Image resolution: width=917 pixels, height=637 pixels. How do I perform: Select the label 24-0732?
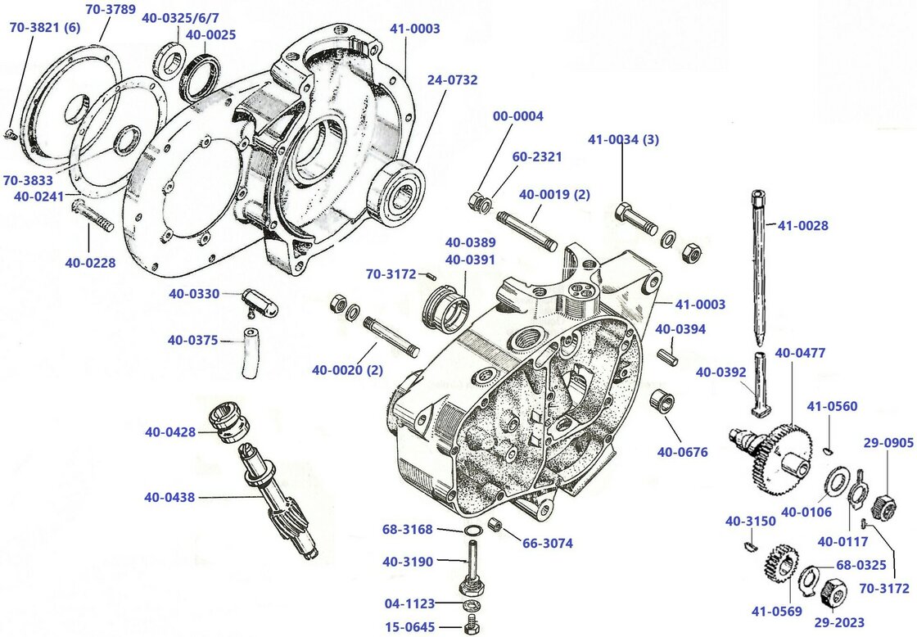pos(451,80)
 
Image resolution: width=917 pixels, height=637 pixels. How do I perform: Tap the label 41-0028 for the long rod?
pos(802,225)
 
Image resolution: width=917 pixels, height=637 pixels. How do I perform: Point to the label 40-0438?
pos(170,497)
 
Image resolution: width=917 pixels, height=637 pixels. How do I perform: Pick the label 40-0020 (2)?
pos(348,370)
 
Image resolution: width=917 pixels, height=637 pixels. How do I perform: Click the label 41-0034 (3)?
pos(623,139)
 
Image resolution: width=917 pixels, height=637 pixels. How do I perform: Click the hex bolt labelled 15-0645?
pos(471,628)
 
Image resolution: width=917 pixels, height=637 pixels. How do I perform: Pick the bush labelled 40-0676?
pos(662,402)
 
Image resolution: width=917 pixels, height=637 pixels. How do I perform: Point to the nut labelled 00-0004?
pos(475,199)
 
